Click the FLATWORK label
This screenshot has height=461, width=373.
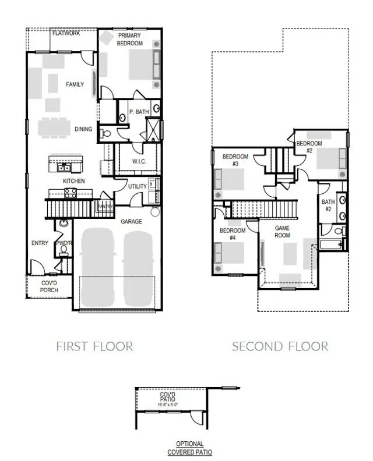66,33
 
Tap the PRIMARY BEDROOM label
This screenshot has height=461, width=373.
129,39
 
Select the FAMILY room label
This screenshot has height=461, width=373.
75,84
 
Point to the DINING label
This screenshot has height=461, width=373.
83,129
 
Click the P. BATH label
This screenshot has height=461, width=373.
139,112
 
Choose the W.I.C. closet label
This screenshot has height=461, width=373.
139,161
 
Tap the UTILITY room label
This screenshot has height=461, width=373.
138,186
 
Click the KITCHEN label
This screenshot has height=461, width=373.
74,181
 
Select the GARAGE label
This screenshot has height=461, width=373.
131,222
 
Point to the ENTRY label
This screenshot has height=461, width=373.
40,243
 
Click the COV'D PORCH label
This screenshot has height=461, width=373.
49,286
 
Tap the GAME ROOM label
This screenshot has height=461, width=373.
282,232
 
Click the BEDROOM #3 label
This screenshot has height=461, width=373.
235,160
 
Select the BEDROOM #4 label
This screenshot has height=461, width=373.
232,234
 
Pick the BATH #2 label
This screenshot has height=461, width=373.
328,205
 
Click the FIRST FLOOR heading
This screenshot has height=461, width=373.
94,346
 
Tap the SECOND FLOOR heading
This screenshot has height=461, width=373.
280,346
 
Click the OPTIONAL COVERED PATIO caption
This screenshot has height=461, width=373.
190,448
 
